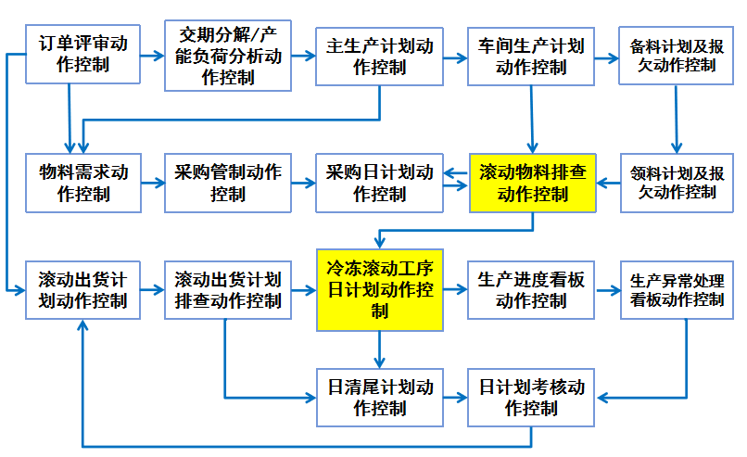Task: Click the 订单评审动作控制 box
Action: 83,55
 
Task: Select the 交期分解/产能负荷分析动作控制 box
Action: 228,55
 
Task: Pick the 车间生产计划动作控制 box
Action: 531,55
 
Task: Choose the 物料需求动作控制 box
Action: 83,183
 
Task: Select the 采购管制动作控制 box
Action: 228,183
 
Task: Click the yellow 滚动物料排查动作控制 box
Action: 531,183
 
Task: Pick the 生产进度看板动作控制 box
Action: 531,289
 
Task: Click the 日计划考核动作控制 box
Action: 531,397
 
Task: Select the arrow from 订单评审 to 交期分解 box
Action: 152,56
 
